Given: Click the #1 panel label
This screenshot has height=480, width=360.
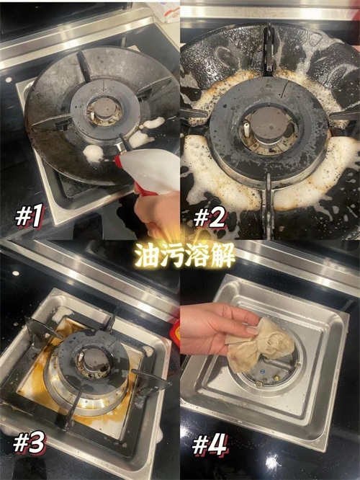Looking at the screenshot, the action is click(30, 215).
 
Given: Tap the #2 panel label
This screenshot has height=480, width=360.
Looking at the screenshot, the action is click(210, 216).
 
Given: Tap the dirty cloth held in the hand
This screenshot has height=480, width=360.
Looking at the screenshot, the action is click(259, 344).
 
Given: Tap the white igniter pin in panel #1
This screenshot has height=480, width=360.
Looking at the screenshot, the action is click(91, 115).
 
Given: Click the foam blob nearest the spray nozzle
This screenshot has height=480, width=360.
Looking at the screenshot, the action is click(94, 152).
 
